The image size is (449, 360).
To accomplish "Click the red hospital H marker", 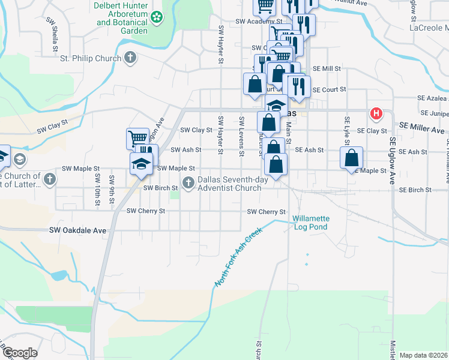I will (376, 113).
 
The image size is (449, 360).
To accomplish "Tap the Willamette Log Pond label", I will (310, 223).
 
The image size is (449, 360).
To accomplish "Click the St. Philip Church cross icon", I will (130, 58).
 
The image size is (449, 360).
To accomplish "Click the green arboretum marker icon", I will (157, 17).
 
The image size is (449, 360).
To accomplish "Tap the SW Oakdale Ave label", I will (77, 230).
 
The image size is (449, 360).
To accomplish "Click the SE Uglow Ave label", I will (393, 157).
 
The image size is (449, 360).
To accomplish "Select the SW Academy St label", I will (258, 21).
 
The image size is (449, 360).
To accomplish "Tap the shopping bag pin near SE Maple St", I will (352, 158).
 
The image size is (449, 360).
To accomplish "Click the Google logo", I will (20, 353).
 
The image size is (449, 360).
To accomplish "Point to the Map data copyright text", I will (423, 355).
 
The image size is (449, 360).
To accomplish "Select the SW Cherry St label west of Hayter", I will (145, 211).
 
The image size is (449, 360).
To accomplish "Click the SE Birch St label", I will (415, 190).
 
